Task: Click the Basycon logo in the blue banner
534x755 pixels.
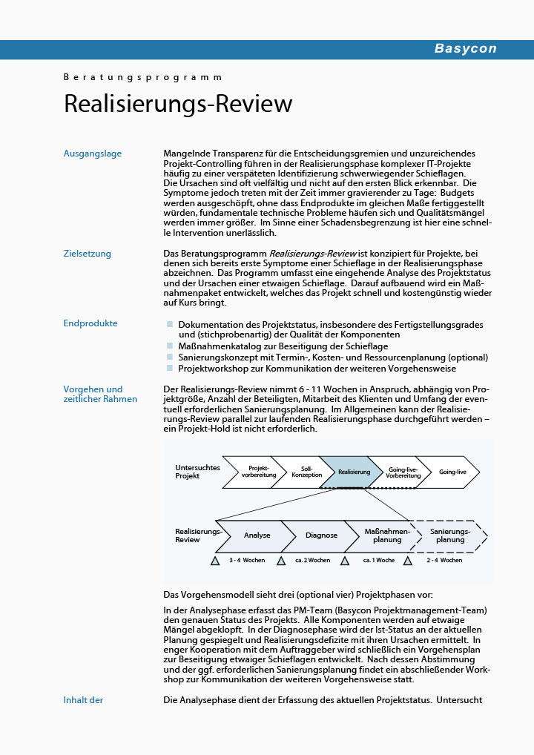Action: [x=465, y=49]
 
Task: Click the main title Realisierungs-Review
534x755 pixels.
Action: [x=178, y=104]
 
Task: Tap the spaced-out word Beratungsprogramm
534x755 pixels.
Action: [x=142, y=77]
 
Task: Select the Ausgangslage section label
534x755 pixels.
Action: [x=93, y=154]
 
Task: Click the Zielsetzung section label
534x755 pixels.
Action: [x=88, y=254]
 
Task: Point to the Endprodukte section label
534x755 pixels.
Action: [x=90, y=323]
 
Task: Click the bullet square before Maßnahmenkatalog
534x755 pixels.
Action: [x=170, y=346]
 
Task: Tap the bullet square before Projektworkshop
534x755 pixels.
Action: [x=170, y=368]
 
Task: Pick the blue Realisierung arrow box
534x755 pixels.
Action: [x=354, y=472]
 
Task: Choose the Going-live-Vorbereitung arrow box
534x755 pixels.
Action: [x=403, y=472]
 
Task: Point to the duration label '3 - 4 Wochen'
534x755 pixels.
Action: [x=247, y=561]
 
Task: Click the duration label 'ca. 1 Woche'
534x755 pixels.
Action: [x=379, y=561]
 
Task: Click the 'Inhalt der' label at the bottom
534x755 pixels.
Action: [x=83, y=699]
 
